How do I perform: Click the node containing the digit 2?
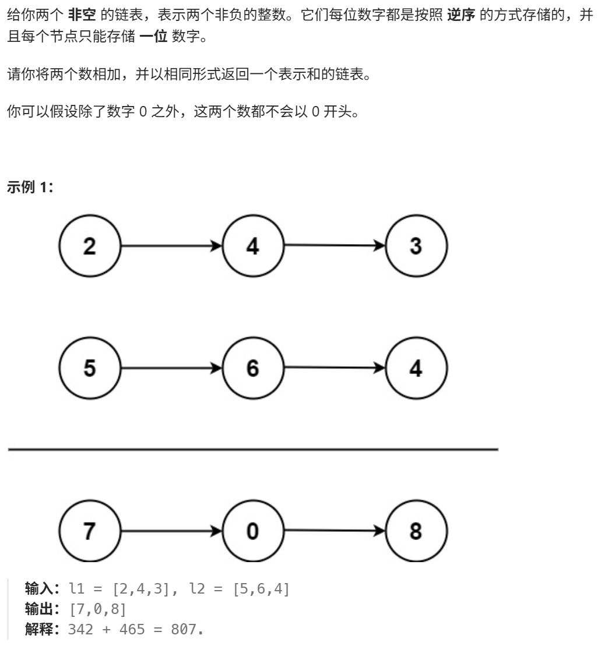pyautogui.click(x=89, y=246)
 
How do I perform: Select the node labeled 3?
pyautogui.click(x=416, y=246)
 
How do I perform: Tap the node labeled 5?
pyautogui.click(x=89, y=368)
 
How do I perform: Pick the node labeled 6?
pyautogui.click(x=252, y=368)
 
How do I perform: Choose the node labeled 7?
pyautogui.click(x=89, y=532)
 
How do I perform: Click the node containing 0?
pyautogui.click(x=252, y=532)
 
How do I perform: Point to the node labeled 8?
pyautogui.click(x=416, y=532)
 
